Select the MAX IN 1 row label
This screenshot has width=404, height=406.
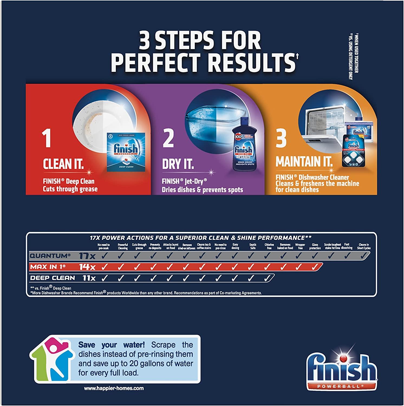coord(48,267)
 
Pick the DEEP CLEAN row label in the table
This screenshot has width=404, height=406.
coord(53,278)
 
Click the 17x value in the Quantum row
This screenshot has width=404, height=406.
coord(87,256)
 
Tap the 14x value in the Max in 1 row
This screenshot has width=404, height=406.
coord(87,267)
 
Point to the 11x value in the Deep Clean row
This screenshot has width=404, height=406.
coord(89,278)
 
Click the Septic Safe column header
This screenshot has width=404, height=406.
coord(253,246)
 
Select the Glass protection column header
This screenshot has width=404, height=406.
coord(315,246)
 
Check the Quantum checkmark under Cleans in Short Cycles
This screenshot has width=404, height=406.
coord(364,256)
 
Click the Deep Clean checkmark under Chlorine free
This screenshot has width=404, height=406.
coord(267,278)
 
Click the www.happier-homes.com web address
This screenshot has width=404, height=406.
coord(114,388)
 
